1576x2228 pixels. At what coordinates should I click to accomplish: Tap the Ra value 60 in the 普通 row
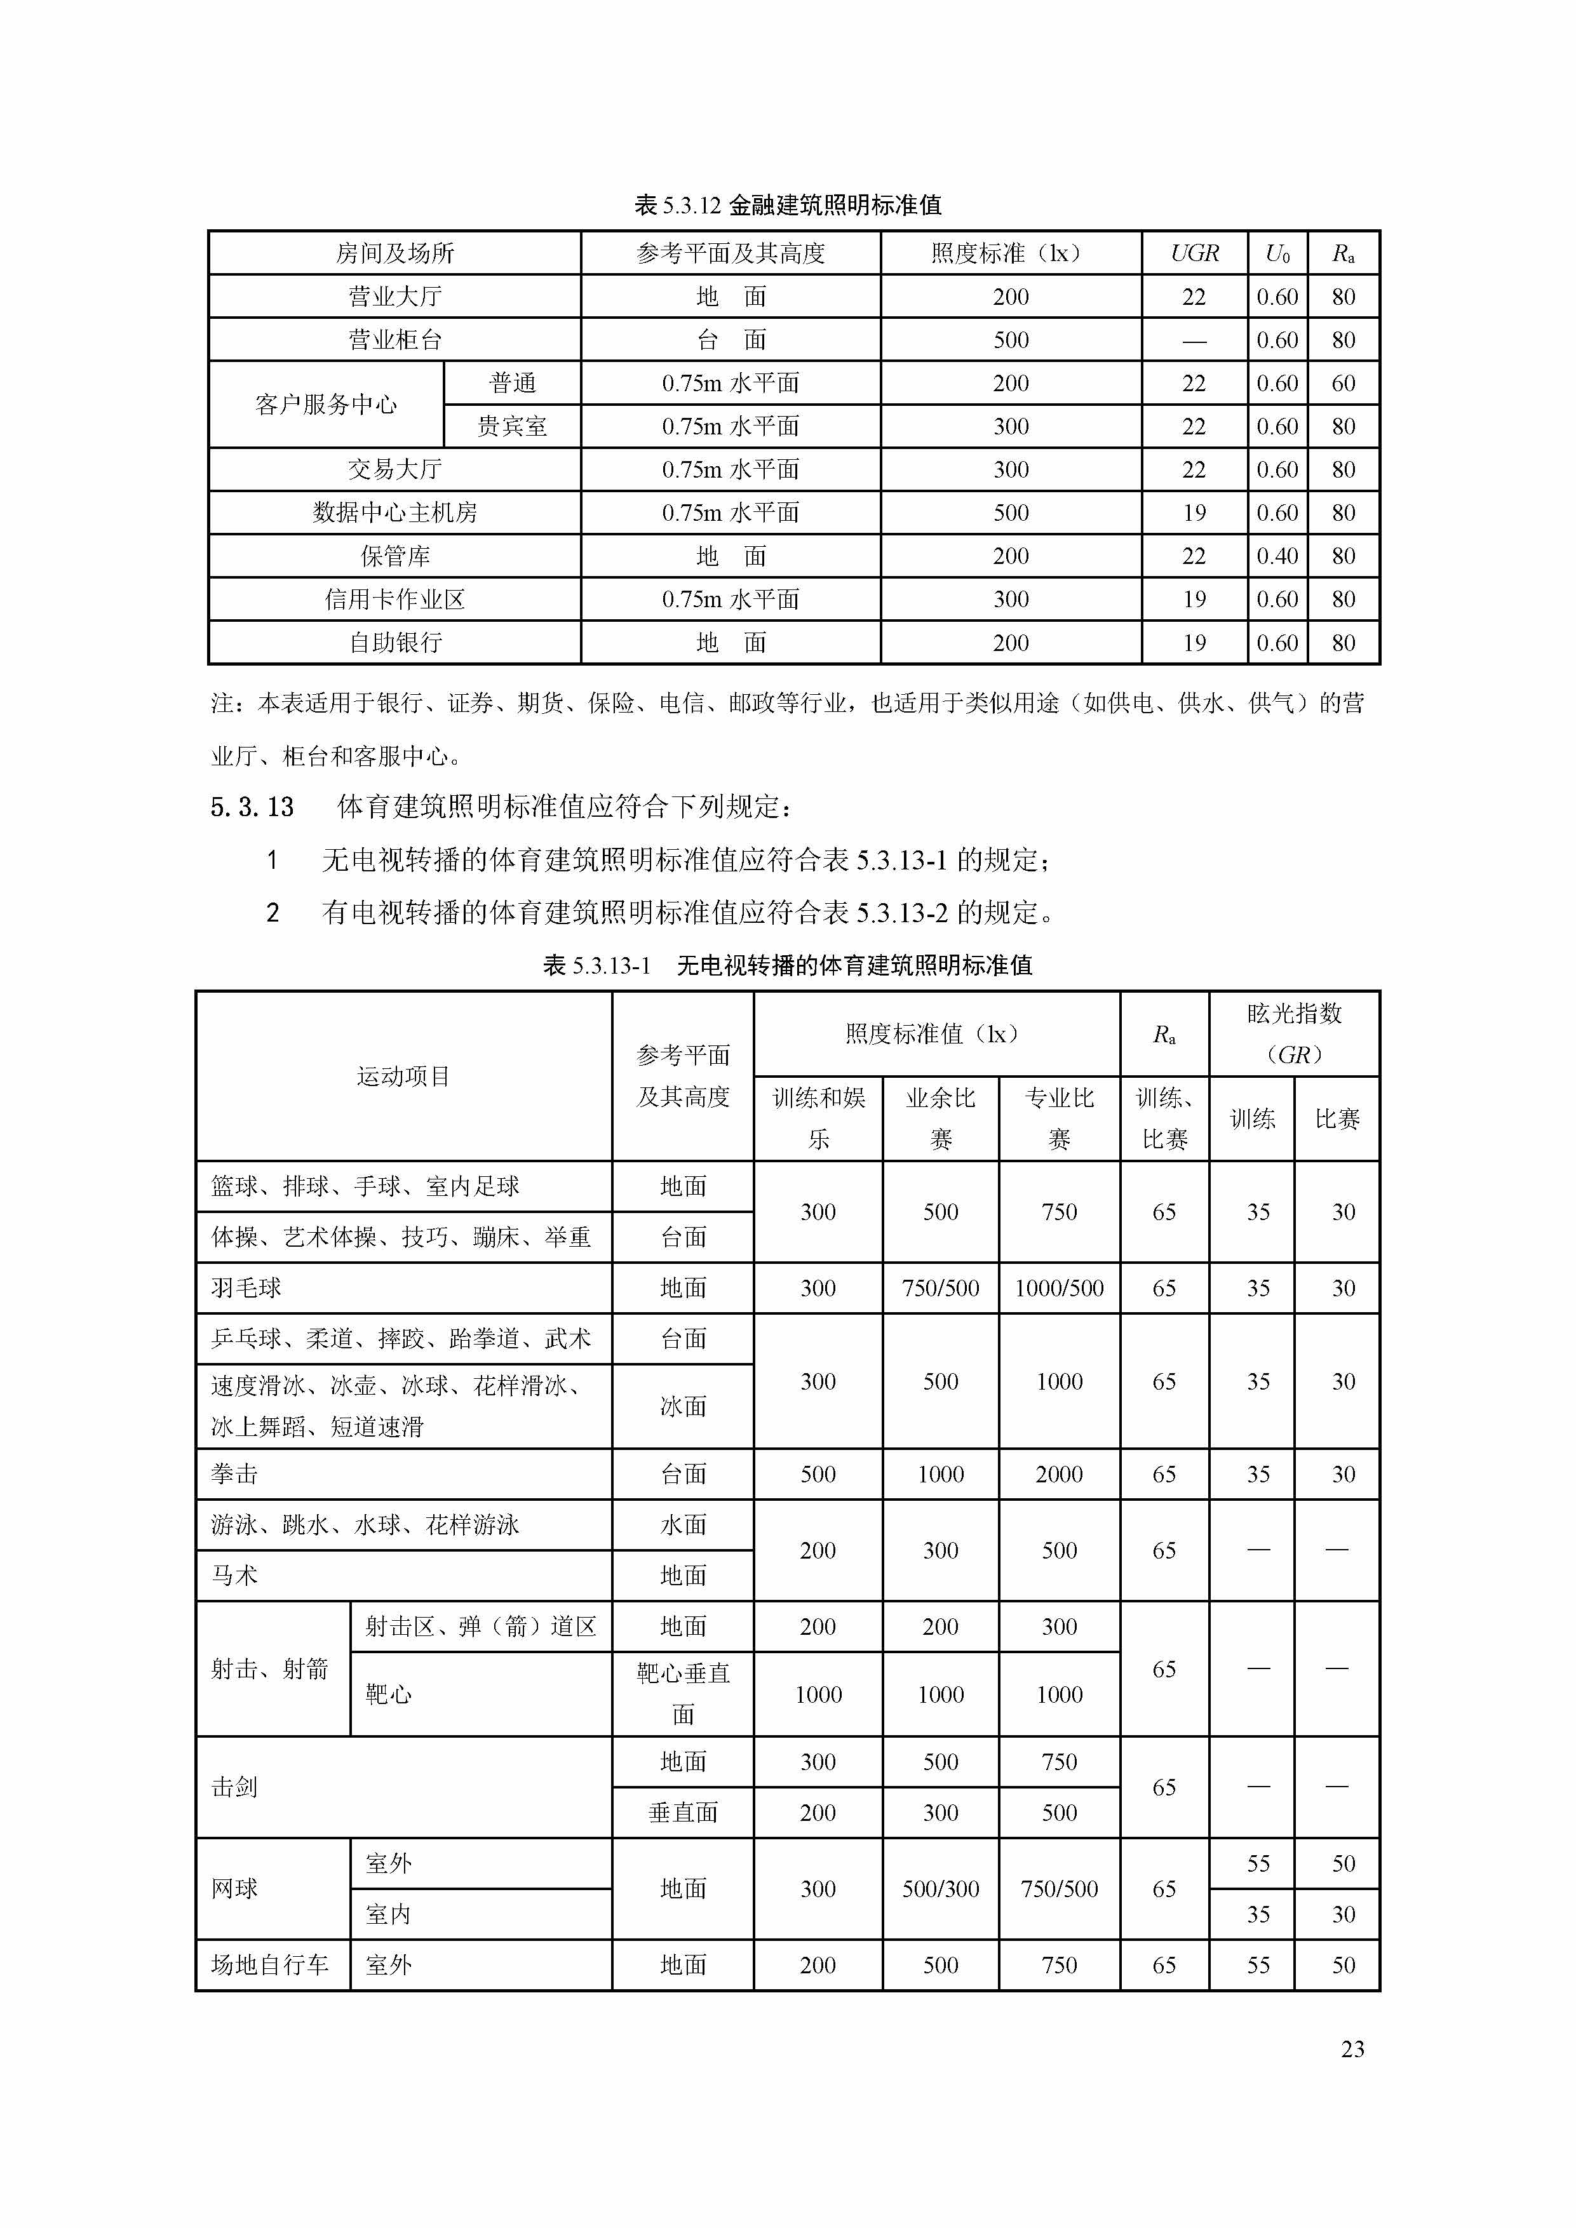[x=1343, y=384]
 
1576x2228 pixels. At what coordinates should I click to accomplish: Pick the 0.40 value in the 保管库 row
[x=1276, y=556]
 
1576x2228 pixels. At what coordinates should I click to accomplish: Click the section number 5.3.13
[x=252, y=807]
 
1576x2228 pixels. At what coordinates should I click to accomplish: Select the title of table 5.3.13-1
[x=787, y=965]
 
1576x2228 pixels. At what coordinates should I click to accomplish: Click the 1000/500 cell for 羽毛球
[x=1059, y=1287]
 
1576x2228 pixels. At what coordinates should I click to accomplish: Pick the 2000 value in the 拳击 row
[x=1059, y=1474]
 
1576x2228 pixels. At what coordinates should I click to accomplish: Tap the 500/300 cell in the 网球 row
[x=940, y=1888]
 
